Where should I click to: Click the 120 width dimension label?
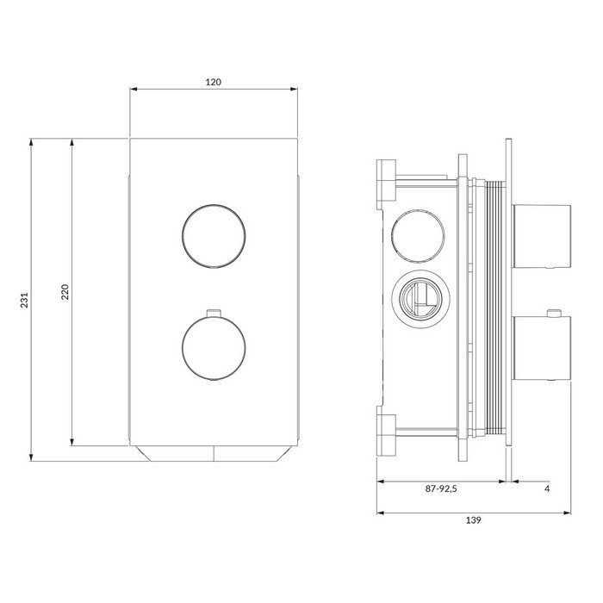pyautogui.click(x=214, y=82)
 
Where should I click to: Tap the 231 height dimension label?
pyautogui.click(x=25, y=300)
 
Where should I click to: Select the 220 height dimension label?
pyautogui.click(x=65, y=292)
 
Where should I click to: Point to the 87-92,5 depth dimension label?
pyautogui.click(x=441, y=488)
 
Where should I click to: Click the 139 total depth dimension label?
pyautogui.click(x=474, y=520)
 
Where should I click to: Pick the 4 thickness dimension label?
pyautogui.click(x=547, y=488)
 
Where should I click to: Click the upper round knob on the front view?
pyautogui.click(x=214, y=235)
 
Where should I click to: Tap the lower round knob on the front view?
pyautogui.click(x=214, y=347)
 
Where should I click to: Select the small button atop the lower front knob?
pyautogui.click(x=214, y=313)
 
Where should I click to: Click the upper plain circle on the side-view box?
pyautogui.click(x=419, y=235)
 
